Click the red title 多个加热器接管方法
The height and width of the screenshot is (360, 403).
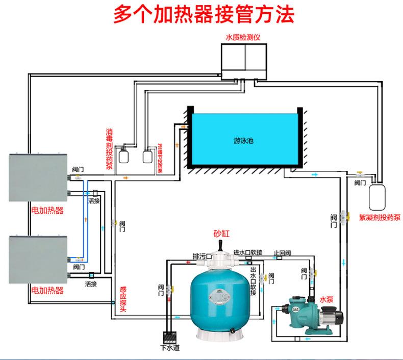coord(203,15)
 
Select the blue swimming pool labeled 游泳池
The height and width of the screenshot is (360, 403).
coord(243,140)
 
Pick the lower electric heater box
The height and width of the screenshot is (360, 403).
coord(38,260)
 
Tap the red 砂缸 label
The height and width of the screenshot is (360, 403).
coord(221,234)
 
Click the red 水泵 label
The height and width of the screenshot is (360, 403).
coord(326,299)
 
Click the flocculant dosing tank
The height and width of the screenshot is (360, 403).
coord(378,196)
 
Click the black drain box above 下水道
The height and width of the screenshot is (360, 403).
coord(168,338)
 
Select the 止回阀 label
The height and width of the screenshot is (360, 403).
coord(282,253)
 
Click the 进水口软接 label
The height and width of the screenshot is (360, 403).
coord(248,252)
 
